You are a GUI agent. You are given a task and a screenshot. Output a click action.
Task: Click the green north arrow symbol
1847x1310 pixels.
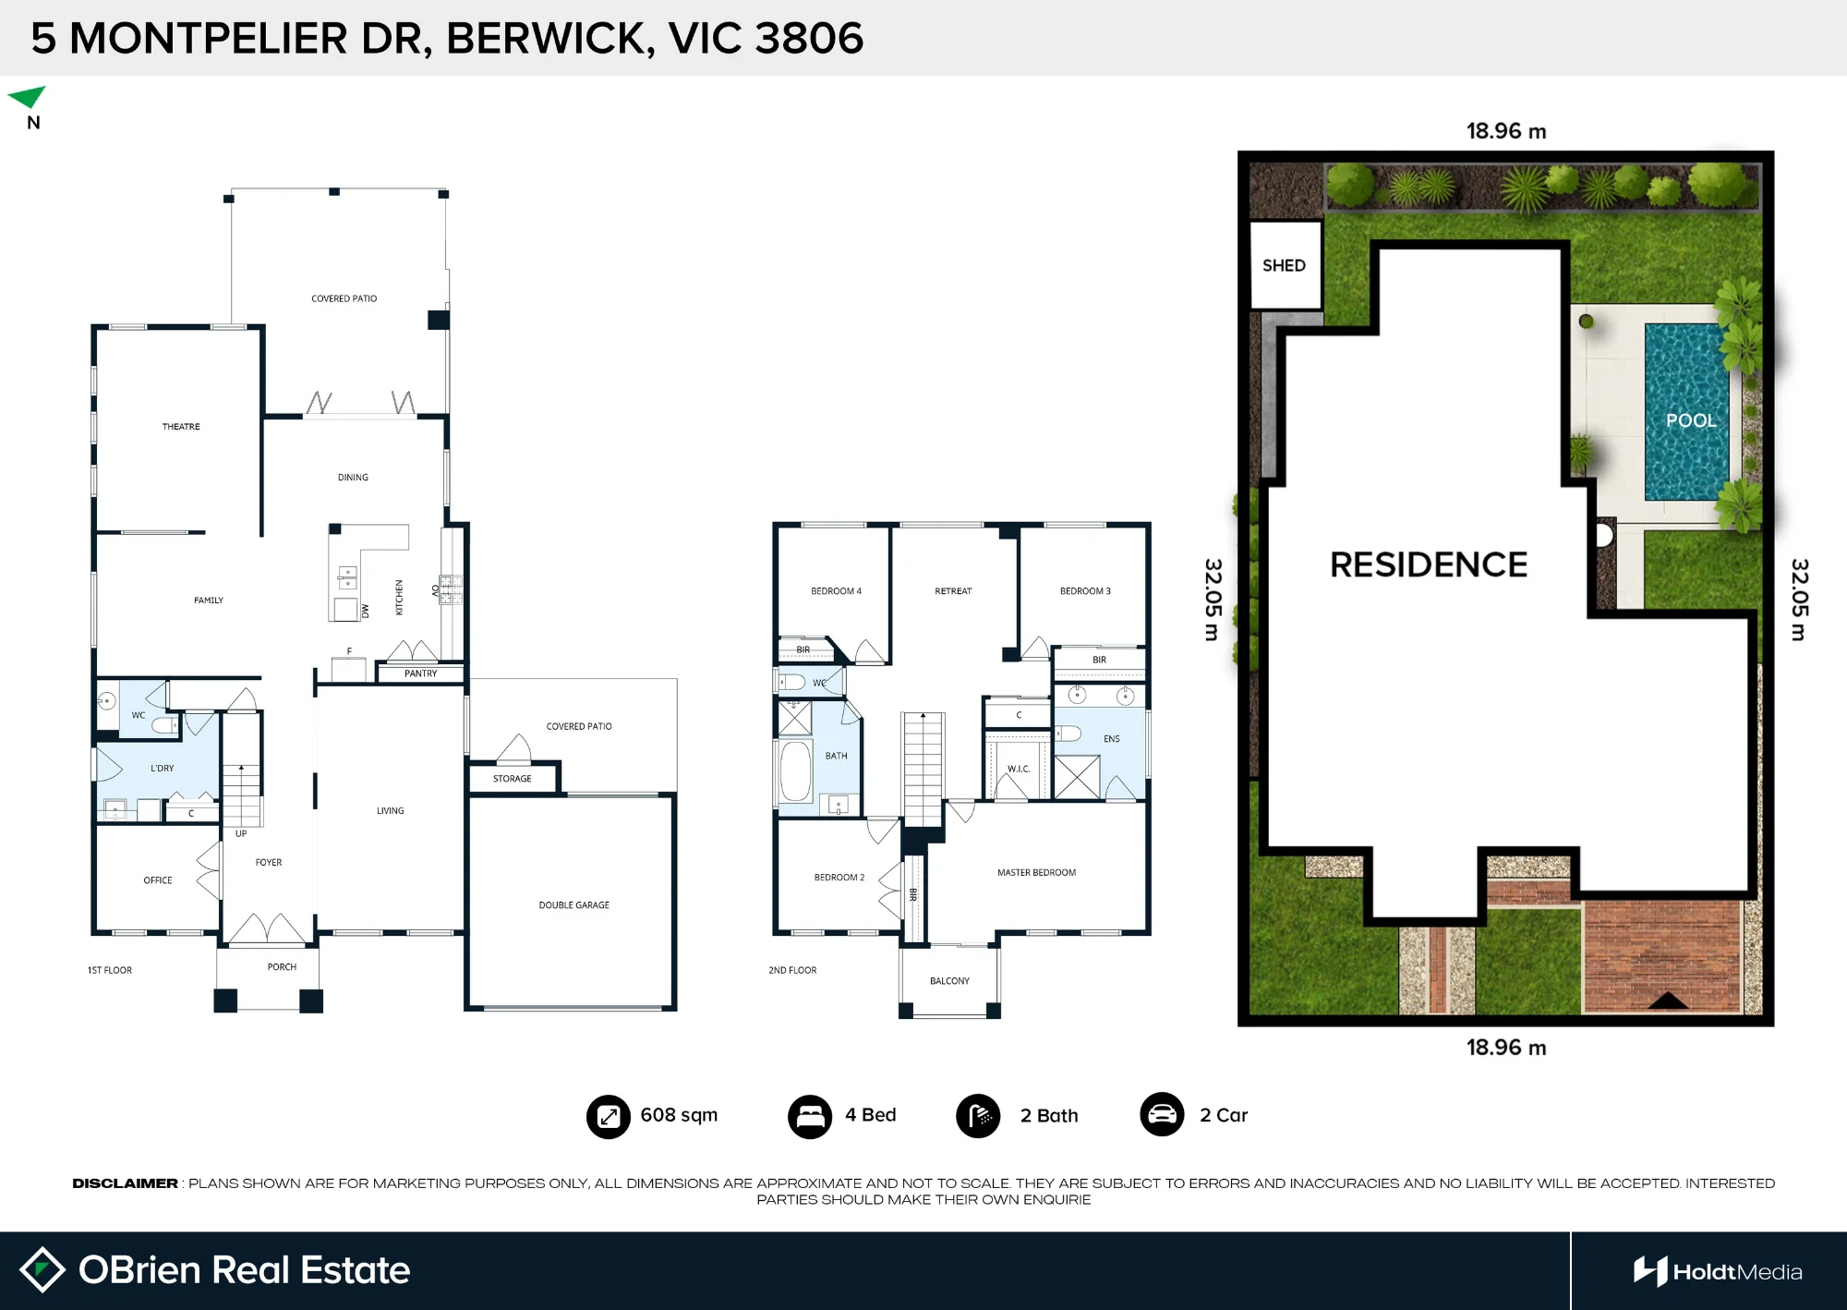tap(28, 96)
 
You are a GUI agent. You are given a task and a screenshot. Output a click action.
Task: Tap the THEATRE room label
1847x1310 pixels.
tap(181, 427)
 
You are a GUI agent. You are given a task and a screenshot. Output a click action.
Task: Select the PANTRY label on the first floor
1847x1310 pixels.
tap(420, 673)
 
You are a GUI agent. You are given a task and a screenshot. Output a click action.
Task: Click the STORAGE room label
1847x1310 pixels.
tap(512, 779)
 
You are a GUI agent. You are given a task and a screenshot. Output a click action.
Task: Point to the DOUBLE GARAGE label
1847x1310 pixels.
tap(574, 905)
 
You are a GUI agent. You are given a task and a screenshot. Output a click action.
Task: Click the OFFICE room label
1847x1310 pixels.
tap(158, 880)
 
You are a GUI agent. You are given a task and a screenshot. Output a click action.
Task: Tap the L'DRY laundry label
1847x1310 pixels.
tap(163, 769)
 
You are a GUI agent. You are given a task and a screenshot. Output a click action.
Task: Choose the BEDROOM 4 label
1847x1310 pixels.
tap(836, 591)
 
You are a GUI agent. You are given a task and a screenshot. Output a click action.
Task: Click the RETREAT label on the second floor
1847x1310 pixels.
tap(953, 591)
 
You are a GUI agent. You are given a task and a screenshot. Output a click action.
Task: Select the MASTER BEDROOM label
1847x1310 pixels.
tap(1036, 873)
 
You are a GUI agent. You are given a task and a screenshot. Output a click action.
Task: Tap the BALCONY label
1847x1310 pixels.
tap(949, 981)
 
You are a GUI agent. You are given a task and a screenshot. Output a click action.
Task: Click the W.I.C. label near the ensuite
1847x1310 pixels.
tap(1019, 769)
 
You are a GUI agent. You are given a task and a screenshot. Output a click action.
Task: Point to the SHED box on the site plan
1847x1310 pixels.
tap(1285, 265)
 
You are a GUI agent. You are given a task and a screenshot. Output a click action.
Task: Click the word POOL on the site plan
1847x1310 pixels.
tap(1691, 420)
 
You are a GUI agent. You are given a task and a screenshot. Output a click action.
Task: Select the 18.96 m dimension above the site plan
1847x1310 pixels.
tap(1506, 131)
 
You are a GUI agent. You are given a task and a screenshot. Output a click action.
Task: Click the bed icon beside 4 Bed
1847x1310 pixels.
tap(810, 1116)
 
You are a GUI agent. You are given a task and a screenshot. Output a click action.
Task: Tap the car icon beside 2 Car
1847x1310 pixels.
tap(1162, 1115)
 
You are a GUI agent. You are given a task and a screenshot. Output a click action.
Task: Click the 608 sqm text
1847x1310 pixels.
tap(679, 1115)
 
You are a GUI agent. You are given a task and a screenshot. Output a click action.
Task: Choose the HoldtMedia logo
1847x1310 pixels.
tap(1718, 1272)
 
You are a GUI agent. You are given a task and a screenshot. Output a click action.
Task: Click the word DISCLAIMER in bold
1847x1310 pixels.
tap(125, 1183)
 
